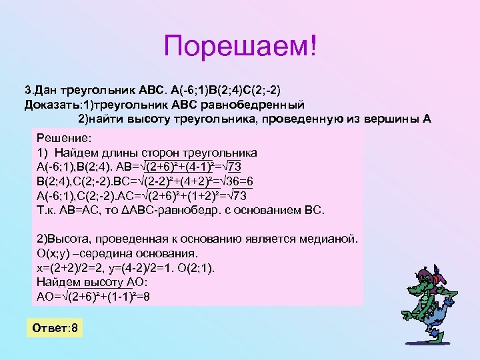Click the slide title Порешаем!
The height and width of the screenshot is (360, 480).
240,46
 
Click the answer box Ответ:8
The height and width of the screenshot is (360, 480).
56,329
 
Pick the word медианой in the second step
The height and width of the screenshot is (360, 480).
329,239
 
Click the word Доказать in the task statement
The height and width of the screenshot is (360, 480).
47,104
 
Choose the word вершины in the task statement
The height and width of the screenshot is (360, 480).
387,119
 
